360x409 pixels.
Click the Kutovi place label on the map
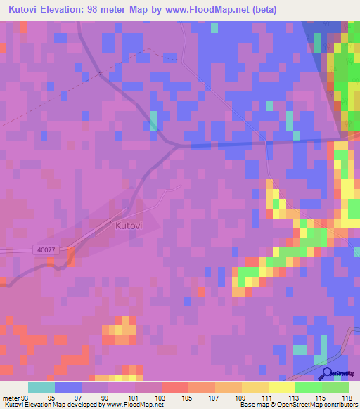(129, 226)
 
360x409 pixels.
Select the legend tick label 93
(25, 397)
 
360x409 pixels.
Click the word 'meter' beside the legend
(10, 397)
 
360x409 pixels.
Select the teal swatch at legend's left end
(41, 387)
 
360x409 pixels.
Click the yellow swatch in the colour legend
(281, 387)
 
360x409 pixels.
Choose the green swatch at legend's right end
(335, 387)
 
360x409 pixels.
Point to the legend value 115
(307, 397)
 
